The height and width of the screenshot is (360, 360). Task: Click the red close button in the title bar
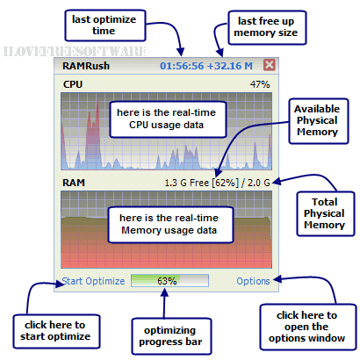[x=269, y=65]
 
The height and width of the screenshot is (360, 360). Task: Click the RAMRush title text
[x=86, y=66]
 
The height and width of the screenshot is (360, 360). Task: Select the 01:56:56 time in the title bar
[x=182, y=66]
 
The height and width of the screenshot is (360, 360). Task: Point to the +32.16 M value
[x=230, y=66]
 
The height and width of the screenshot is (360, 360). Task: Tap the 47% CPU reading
[x=260, y=84]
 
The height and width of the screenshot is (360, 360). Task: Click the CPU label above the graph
[x=73, y=84]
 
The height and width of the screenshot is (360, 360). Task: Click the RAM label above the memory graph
[x=74, y=183]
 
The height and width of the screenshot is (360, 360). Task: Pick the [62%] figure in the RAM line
[x=225, y=183]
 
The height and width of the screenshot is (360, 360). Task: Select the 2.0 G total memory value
[x=259, y=183]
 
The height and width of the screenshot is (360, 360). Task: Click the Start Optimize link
[x=93, y=281]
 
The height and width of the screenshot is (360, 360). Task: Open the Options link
[x=253, y=281]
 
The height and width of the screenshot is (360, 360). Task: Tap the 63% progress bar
[x=169, y=281]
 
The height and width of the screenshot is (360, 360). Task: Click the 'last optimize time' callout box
[x=105, y=25]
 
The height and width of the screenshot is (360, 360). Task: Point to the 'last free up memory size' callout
[x=267, y=27]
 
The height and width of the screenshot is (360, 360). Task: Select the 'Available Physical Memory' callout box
[x=319, y=121]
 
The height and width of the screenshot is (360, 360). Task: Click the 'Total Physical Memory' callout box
[x=326, y=213]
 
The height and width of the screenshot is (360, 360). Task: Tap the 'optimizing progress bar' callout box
[x=171, y=336]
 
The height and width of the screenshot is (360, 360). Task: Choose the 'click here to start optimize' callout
[x=56, y=331]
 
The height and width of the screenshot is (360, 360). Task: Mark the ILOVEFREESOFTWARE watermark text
[x=75, y=51]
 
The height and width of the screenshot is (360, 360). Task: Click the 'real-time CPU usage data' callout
[x=168, y=119]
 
